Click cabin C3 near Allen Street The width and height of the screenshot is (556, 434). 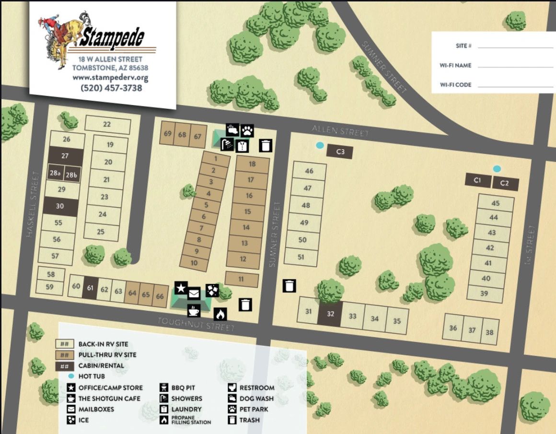[x=340, y=152]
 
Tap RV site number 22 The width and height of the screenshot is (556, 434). [x=107, y=124]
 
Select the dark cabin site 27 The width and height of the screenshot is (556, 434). [x=65, y=156]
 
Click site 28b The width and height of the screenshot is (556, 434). [x=72, y=175]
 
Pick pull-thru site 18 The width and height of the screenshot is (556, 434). [x=252, y=164]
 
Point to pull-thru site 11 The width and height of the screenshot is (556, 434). [x=241, y=279]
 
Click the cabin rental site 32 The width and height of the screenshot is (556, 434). [x=330, y=315]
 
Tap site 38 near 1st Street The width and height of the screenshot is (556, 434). [x=489, y=332]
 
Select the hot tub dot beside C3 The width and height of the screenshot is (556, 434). [x=320, y=145]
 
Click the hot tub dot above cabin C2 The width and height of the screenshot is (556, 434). [x=497, y=169]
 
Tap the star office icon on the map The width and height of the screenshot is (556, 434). [x=181, y=288]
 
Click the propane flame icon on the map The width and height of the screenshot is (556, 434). [x=220, y=314]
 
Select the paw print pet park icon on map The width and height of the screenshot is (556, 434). [x=247, y=130]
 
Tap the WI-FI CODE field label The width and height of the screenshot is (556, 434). [x=455, y=85]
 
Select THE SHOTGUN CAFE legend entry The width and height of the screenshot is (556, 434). [x=109, y=399]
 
